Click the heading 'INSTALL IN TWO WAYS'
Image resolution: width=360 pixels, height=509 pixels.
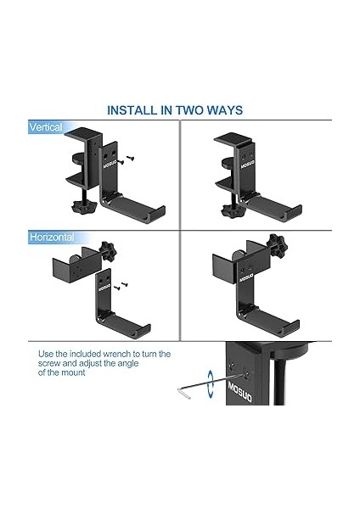[174, 110]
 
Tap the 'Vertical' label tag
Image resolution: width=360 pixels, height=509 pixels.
[46, 127]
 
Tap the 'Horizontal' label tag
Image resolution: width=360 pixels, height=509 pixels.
[52, 238]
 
